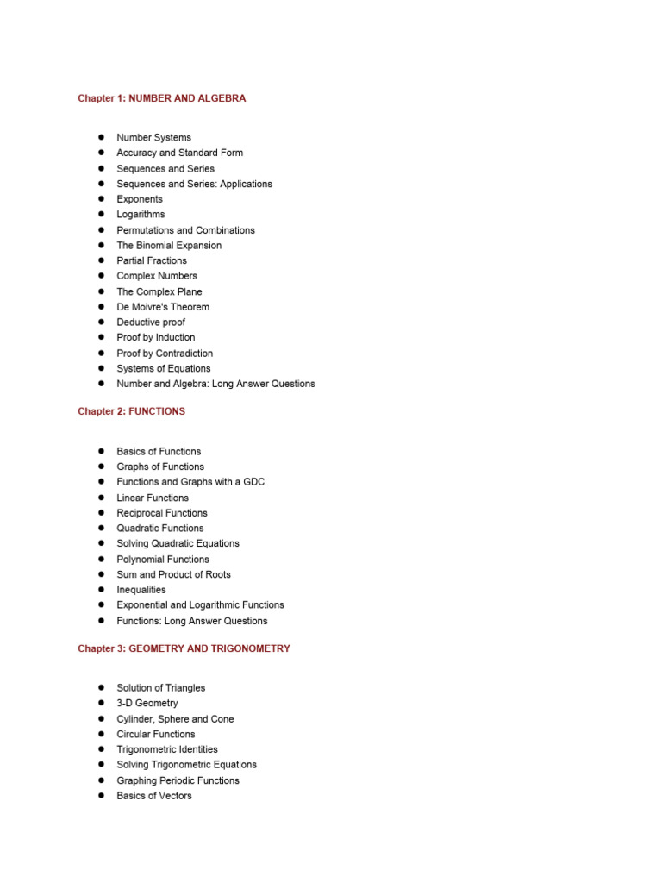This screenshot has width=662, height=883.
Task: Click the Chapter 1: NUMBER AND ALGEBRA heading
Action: [161, 98]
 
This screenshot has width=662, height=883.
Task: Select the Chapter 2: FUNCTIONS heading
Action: [131, 411]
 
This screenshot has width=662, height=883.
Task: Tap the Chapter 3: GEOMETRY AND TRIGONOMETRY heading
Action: [184, 648]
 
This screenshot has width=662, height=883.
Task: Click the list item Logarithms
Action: [141, 214]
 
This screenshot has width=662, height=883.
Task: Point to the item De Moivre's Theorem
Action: [163, 307]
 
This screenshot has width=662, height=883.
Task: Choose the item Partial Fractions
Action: [152, 260]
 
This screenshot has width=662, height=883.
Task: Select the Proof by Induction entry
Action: [156, 337]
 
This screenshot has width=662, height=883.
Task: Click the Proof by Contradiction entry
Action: [165, 353]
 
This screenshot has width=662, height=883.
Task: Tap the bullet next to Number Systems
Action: [101, 137]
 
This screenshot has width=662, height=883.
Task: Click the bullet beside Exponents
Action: [101, 198]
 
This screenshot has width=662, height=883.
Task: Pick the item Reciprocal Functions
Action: [162, 513]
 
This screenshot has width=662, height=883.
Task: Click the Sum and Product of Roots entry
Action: [173, 574]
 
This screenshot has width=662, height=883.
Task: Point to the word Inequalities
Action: [141, 590]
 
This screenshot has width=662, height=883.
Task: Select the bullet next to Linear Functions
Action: [101, 498]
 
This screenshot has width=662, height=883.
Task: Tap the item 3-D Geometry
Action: [147, 703]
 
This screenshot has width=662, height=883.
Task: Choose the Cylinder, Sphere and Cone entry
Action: [175, 718]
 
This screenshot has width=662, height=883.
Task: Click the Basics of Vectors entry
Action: [154, 796]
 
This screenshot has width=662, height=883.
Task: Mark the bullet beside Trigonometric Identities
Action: [101, 749]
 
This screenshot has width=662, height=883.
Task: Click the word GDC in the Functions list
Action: [253, 482]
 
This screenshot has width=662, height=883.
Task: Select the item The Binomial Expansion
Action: [169, 245]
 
